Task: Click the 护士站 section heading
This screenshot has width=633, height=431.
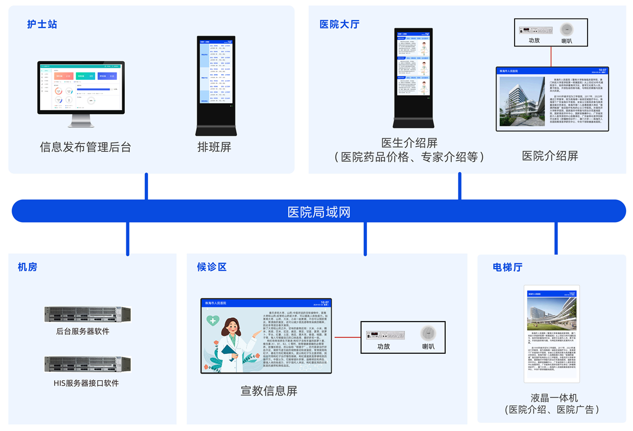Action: [42, 24]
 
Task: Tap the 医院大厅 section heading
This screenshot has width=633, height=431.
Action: [339, 24]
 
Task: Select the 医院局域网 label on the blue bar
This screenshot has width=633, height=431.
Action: [318, 212]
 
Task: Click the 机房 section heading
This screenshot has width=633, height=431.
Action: [27, 267]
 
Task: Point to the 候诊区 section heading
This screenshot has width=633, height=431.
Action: [212, 267]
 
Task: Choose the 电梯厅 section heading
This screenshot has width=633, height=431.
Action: [507, 267]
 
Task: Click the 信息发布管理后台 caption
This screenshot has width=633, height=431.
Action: [85, 147]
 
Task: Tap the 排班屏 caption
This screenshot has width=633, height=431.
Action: [214, 147]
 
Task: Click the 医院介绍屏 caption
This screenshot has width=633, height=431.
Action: [549, 156]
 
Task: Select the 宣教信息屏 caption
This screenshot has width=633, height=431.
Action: [269, 391]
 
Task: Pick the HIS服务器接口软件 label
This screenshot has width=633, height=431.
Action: [86, 383]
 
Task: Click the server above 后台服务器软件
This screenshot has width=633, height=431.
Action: [87, 315]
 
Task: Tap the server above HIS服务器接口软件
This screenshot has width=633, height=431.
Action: [87, 364]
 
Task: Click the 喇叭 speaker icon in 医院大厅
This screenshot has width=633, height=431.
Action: [566, 29]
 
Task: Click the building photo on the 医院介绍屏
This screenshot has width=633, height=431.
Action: [521, 101]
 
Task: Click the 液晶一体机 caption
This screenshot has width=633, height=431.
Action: [554, 398]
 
